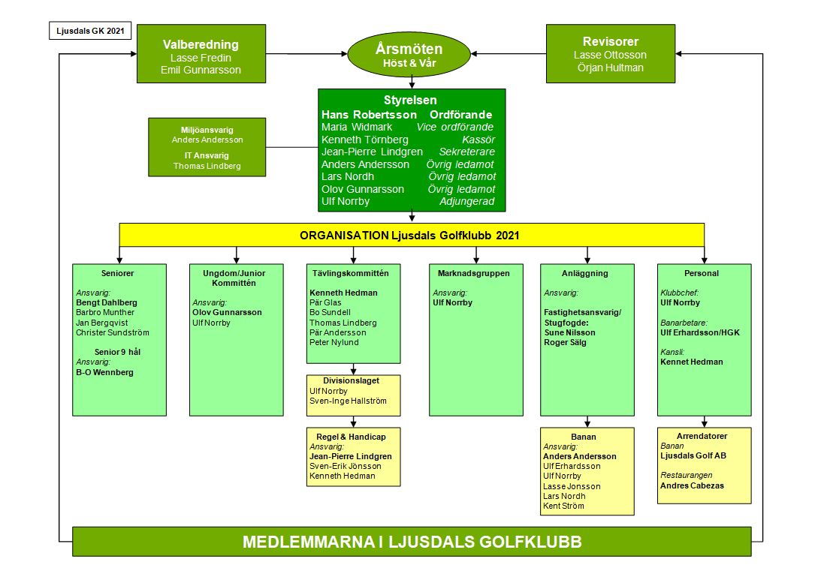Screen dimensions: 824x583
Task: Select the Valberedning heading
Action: click(201, 44)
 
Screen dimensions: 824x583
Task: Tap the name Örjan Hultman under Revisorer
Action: click(610, 68)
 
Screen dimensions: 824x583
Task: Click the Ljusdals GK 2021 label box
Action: click(90, 31)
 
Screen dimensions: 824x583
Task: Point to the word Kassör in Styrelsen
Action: click(478, 140)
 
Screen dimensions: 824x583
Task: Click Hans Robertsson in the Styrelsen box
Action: click(369, 114)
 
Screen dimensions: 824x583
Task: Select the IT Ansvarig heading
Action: click(207, 155)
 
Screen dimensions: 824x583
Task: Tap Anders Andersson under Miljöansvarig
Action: click(207, 140)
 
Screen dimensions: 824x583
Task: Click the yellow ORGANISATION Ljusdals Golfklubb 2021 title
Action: click(409, 235)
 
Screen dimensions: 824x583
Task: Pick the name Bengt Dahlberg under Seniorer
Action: click(106, 303)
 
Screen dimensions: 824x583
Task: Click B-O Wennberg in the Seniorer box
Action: click(104, 373)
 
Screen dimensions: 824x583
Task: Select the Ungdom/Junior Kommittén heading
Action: click(234, 278)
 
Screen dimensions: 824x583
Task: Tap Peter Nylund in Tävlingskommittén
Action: click(334, 343)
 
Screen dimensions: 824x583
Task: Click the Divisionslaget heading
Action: click(351, 381)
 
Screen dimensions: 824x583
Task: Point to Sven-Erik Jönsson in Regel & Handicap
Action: click(346, 466)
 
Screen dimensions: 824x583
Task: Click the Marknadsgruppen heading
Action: click(473, 273)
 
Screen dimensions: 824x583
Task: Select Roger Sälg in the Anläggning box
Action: click(565, 343)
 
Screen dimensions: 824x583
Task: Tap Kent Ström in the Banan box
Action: click(563, 506)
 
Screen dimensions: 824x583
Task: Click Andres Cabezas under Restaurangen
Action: click(692, 486)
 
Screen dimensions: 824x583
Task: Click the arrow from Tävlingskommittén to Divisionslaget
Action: click(353, 369)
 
